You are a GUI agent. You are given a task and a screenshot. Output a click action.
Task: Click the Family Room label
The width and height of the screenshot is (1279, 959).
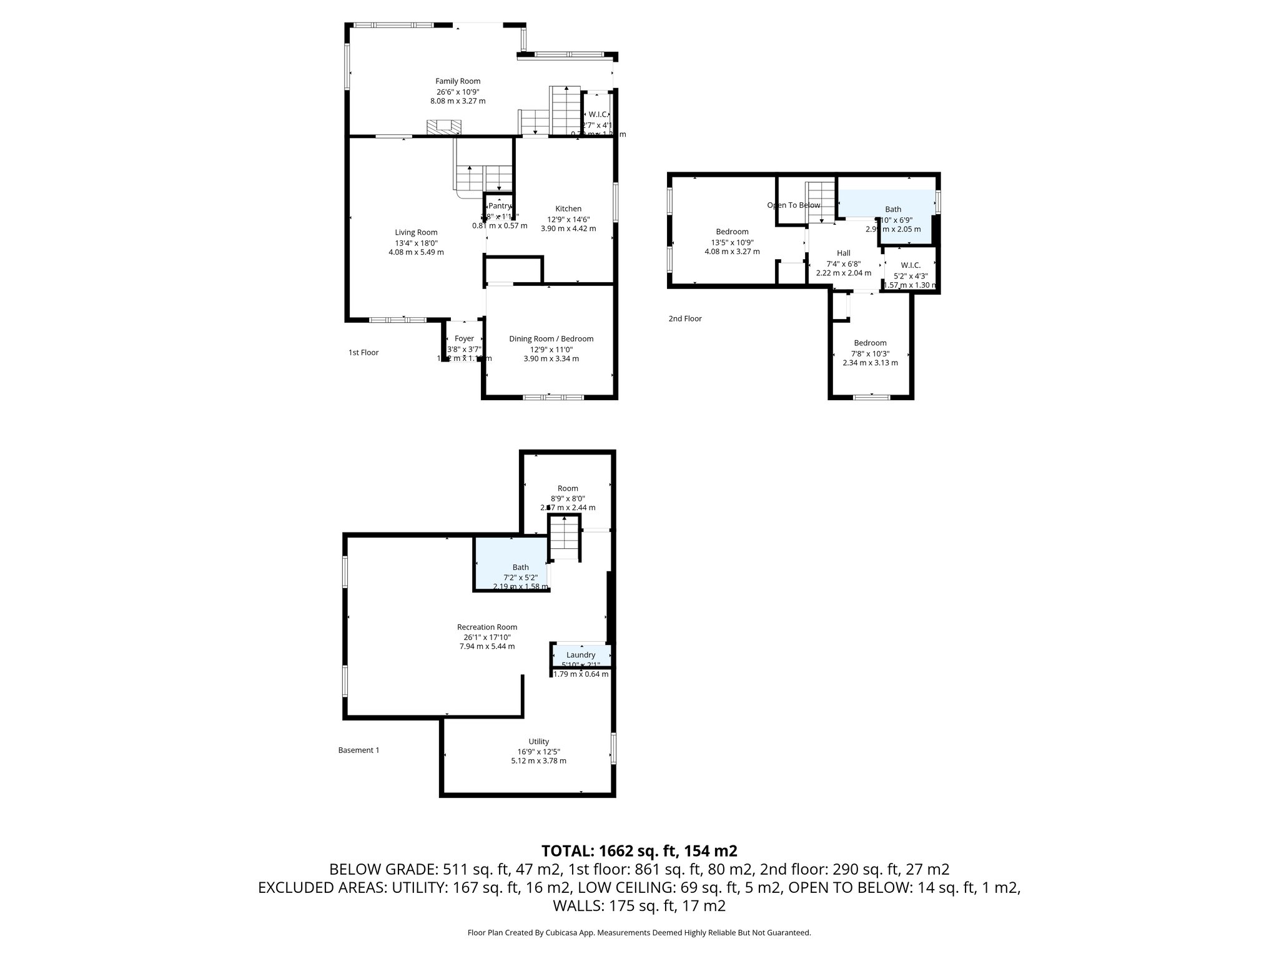click(458, 81)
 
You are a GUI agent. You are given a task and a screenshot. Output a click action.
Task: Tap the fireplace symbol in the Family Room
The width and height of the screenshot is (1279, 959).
click(444, 127)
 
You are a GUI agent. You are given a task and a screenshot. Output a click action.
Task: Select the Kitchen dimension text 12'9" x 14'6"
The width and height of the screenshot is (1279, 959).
click(568, 219)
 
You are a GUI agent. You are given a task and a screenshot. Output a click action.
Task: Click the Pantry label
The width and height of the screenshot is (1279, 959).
click(500, 206)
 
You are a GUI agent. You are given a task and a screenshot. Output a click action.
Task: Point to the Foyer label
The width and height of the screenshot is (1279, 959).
click(464, 338)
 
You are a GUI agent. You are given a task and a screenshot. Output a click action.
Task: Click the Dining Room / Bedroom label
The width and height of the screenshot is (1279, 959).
click(551, 339)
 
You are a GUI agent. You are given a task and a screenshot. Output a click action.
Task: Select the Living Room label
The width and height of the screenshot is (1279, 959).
click(416, 232)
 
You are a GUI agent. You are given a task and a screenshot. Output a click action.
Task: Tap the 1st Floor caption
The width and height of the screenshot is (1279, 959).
click(363, 352)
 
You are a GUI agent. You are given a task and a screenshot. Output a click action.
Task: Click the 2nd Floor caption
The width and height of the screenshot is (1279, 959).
click(685, 318)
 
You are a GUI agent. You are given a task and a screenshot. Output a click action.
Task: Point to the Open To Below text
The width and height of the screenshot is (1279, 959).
click(793, 205)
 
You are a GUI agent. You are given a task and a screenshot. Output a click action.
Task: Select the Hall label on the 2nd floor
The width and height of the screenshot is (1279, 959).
click(843, 253)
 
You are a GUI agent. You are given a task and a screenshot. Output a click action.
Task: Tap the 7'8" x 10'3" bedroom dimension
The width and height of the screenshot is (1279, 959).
click(870, 353)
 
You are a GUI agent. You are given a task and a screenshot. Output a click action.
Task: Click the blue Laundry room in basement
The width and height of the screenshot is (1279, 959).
click(581, 655)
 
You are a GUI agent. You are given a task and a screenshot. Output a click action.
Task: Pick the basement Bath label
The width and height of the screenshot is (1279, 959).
click(520, 568)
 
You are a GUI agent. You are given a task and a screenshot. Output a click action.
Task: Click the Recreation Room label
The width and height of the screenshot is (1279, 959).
click(487, 627)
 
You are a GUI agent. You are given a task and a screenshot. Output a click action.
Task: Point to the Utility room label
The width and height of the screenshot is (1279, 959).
click(538, 742)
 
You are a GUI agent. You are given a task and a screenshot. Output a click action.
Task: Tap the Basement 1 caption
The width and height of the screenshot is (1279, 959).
click(358, 750)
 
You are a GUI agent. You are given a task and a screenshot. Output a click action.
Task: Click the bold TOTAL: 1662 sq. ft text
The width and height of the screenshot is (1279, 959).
click(639, 851)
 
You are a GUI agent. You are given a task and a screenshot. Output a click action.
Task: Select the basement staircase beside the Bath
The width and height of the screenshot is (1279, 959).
click(565, 537)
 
